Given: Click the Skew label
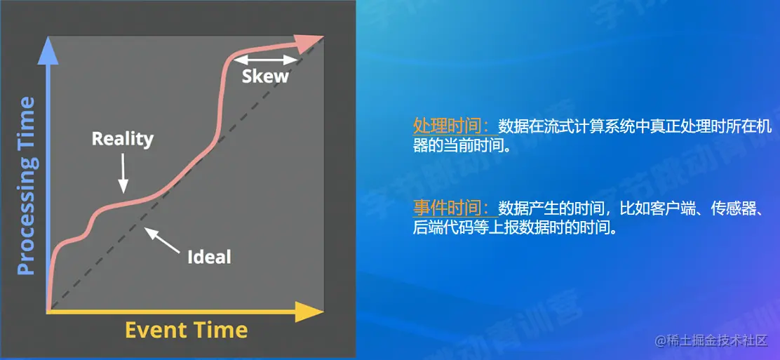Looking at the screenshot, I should pyautogui.click(x=265, y=76).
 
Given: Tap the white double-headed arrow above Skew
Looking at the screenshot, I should pyautogui.click(x=265, y=60).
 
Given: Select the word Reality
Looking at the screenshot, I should pyautogui.click(x=122, y=138).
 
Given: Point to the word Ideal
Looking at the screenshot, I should pyautogui.click(x=209, y=256).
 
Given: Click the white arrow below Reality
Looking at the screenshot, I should pyautogui.click(x=123, y=171).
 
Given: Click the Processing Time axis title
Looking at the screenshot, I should pyautogui.click(x=26, y=186).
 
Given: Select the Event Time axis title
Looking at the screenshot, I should pyautogui.click(x=186, y=330).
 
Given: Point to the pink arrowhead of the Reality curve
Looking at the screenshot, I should pyautogui.click(x=309, y=44).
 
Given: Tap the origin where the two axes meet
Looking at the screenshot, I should pyautogui.click(x=48, y=311).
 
